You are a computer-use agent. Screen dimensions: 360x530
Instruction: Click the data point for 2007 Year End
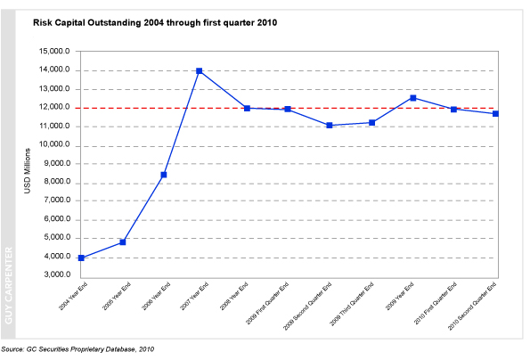[199, 70]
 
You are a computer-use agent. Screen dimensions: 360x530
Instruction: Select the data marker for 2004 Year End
[81, 258]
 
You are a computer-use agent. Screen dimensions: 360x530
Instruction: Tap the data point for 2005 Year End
[122, 241]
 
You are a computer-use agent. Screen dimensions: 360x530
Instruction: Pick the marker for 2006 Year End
[163, 175]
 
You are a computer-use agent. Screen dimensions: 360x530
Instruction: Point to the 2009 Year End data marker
[413, 97]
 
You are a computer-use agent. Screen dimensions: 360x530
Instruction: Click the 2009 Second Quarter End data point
[330, 125]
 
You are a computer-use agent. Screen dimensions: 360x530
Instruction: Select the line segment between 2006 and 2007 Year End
[181, 123]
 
